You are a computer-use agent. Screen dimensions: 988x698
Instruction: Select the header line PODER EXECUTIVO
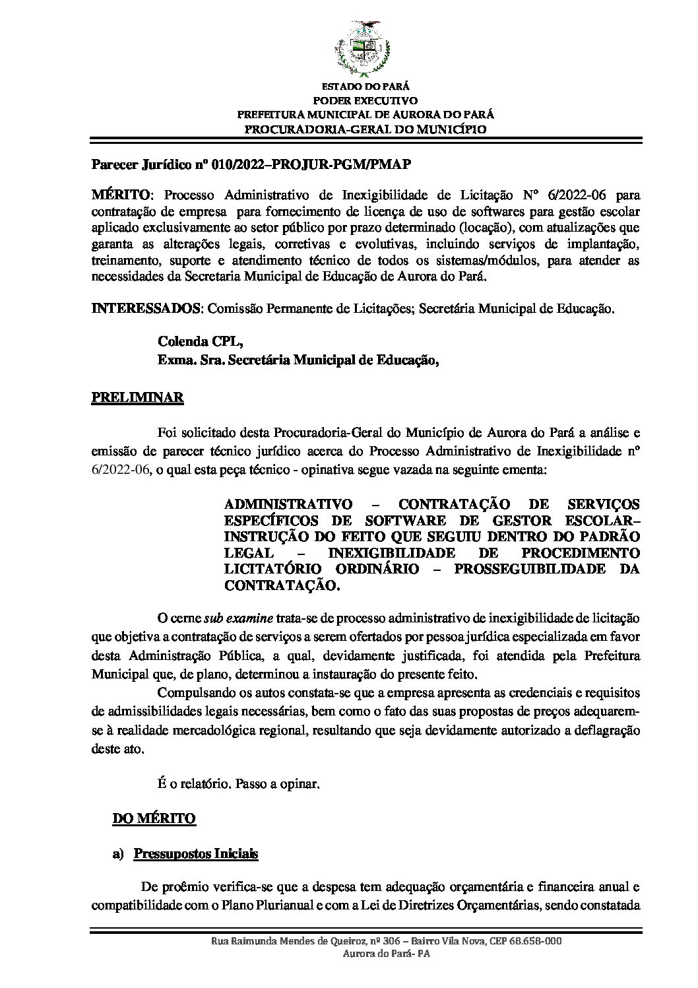[x=365, y=101]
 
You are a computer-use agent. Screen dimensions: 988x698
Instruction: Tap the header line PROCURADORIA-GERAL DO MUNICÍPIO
[x=365, y=129]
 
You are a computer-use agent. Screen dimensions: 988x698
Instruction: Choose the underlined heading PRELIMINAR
[x=137, y=399]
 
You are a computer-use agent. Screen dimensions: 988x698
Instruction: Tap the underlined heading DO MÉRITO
[x=154, y=819]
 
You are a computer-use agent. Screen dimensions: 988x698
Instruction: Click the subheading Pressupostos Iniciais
[x=195, y=854]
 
